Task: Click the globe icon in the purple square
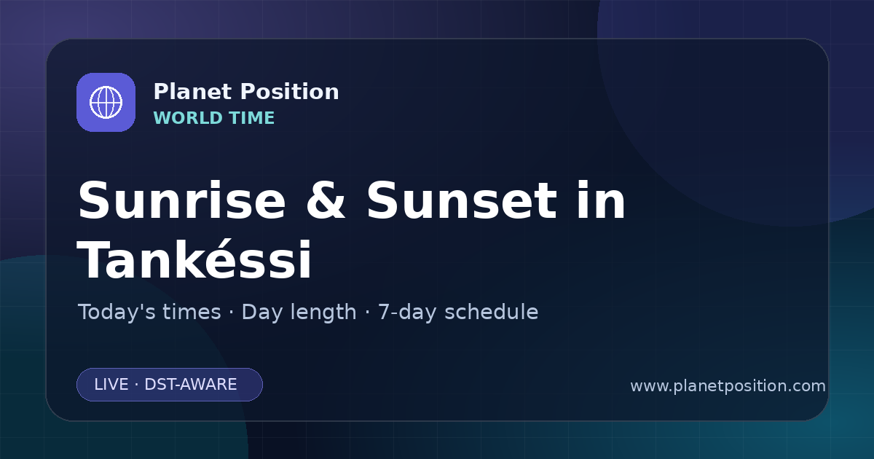click(106, 102)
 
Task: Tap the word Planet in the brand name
click(193, 91)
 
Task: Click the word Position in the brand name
click(290, 91)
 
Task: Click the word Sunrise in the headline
click(182, 200)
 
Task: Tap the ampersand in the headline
click(326, 200)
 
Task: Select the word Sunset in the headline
click(462, 200)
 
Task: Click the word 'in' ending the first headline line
click(602, 200)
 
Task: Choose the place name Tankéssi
click(194, 259)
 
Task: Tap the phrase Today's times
click(149, 312)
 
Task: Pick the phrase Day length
click(299, 312)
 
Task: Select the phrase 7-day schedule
click(458, 312)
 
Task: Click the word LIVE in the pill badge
click(111, 385)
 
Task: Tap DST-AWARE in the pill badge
click(190, 385)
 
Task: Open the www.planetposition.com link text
click(728, 386)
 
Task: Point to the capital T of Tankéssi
click(92, 259)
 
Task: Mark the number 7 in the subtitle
click(383, 312)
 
